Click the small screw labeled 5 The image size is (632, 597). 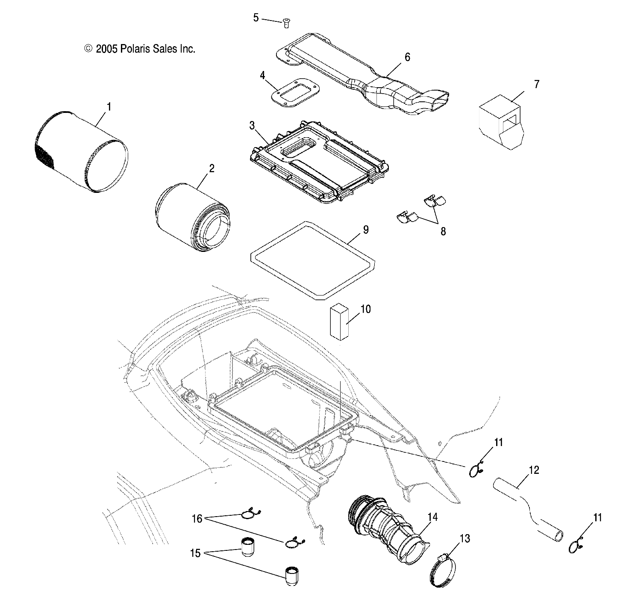pos(287,24)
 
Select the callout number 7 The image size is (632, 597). pos(536,84)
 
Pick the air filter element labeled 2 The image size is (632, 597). pos(192,218)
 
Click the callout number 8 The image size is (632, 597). pos(443,231)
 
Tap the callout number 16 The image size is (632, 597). pos(197,519)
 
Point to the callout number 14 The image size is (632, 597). pos(432,517)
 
